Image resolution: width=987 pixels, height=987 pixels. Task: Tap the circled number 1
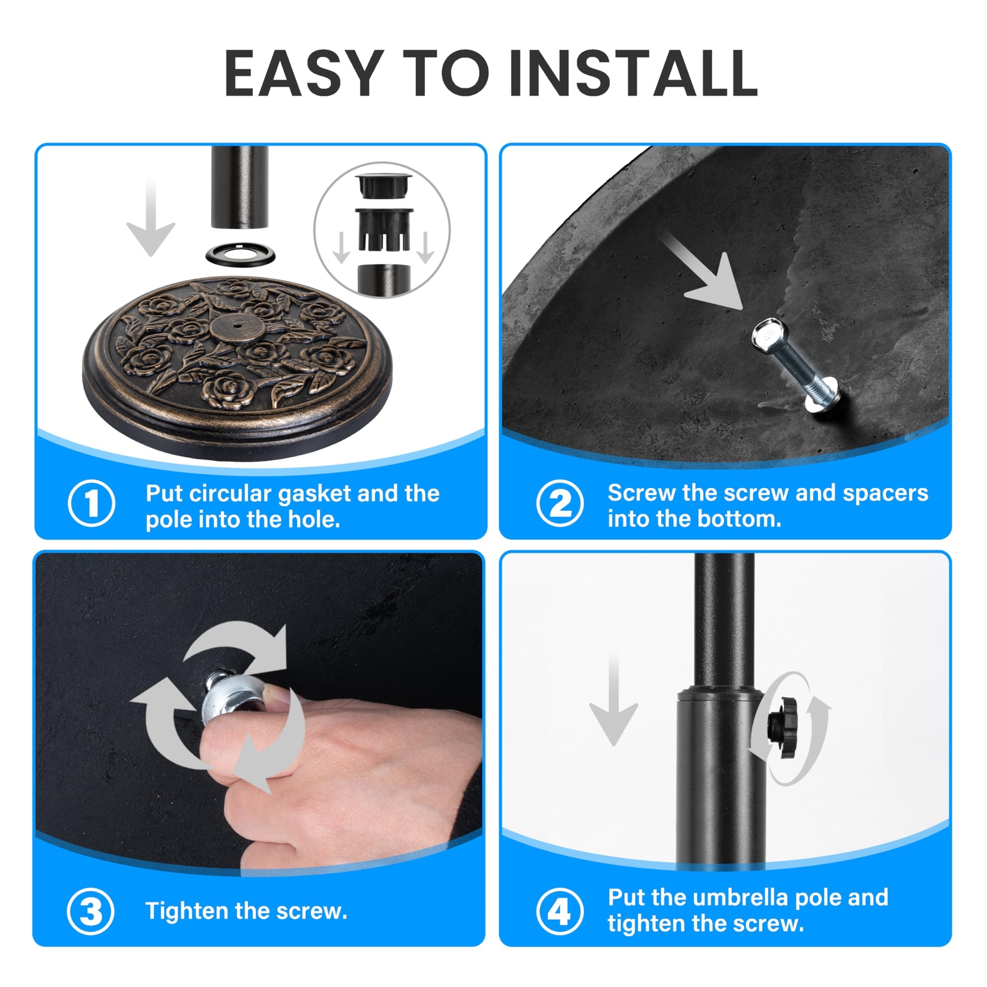coord(91,503)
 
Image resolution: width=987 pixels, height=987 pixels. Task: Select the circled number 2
coord(560,503)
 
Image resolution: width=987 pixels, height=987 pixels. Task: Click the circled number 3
coord(91,911)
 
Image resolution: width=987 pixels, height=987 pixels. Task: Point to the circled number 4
coord(560,911)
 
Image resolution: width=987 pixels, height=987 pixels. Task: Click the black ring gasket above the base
coord(240,253)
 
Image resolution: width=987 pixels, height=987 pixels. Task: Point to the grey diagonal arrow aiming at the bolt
coord(703,271)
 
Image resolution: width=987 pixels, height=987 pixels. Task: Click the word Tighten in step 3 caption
coord(187,911)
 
